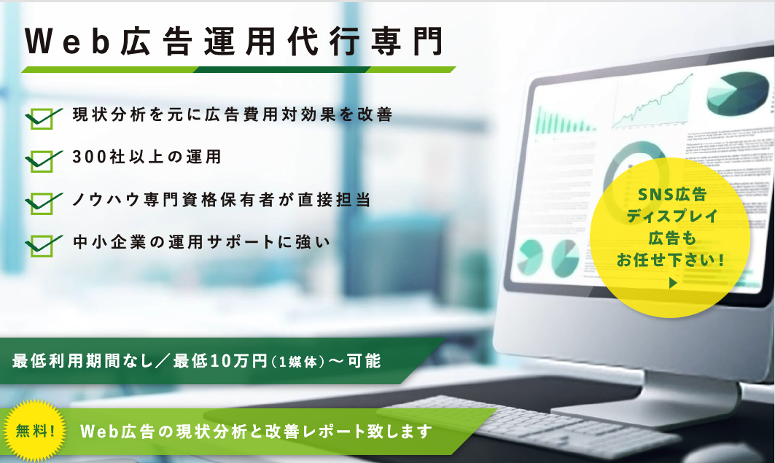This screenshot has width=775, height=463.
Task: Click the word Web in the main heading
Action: coord(68,41)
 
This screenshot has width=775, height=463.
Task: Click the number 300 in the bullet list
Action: coord(90,157)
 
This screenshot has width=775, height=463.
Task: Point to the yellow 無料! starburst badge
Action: coord(34,431)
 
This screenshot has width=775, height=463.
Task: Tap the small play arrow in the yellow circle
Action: coord(673,283)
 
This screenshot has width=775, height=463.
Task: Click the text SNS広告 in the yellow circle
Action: coord(672,195)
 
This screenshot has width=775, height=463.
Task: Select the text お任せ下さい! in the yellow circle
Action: coord(670,260)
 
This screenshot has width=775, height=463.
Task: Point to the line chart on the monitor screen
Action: coord(652,101)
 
